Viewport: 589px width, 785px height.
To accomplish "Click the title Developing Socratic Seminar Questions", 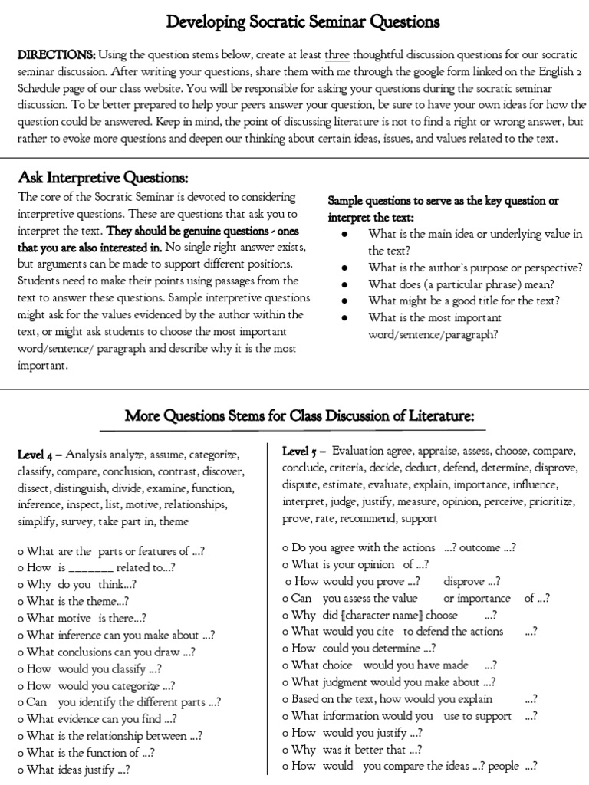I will (x=303, y=21).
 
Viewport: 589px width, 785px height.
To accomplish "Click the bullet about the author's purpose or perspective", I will (x=475, y=268).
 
